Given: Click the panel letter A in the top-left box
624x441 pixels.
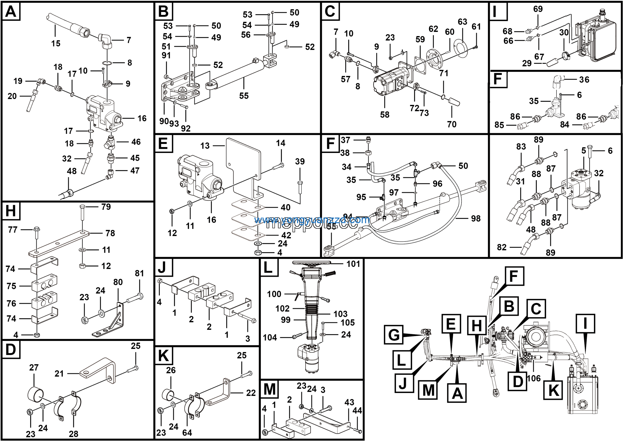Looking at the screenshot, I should pos(11,12).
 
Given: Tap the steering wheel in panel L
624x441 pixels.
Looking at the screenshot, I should pos(312,263).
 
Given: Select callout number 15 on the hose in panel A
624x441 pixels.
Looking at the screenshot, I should pos(56,43).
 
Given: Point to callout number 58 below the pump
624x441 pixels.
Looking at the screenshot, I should pos(385,114).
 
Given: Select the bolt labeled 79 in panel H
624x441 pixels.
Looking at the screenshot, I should pos(83,217).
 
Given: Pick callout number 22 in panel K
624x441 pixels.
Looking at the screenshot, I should pos(251,393).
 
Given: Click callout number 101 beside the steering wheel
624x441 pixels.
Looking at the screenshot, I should pos(353,264).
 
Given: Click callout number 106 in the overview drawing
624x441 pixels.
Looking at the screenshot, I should pos(534,378).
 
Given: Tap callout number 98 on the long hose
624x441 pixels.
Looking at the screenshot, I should pos(476,218).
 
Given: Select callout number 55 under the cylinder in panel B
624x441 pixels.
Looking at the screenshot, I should pos(244,96).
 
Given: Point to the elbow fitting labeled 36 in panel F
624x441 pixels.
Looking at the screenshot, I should pos(557,82).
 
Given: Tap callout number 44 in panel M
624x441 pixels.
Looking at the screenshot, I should pos(357,410).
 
